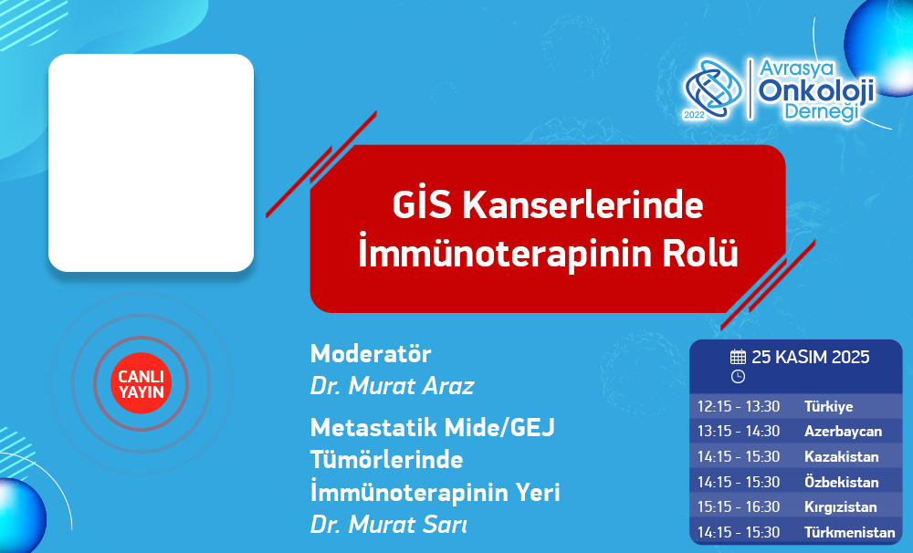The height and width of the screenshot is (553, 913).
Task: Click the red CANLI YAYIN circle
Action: pyautogui.click(x=141, y=383)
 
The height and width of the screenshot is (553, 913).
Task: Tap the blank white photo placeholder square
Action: pyautogui.click(x=151, y=163)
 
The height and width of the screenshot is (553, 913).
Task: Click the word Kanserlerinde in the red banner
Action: pyautogui.click(x=582, y=205)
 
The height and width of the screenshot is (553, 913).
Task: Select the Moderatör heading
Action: pyautogui.click(x=371, y=354)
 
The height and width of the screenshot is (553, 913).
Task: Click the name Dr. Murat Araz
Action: pyautogui.click(x=392, y=386)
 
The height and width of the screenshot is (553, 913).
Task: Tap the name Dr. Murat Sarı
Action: pyautogui.click(x=388, y=525)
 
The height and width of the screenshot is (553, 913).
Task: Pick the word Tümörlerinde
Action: pyautogui.click(x=386, y=460)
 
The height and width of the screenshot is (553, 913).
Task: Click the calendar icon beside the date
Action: pyautogui.click(x=738, y=357)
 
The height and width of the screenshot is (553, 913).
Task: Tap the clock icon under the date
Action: pyautogui.click(x=738, y=377)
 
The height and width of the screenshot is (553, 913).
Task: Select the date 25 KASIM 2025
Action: pyautogui.click(x=811, y=357)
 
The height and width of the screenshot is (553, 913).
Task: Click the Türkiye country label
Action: pyautogui.click(x=829, y=406)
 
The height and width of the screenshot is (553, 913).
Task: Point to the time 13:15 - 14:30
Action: pyautogui.click(x=739, y=432)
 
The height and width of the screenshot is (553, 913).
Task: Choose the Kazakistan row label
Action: pyautogui.click(x=842, y=456)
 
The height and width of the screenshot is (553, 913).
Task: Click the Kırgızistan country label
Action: pyautogui.click(x=840, y=507)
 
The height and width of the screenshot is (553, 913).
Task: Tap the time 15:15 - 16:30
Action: pyautogui.click(x=739, y=507)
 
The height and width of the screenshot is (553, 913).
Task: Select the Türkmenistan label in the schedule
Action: pyautogui.click(x=849, y=532)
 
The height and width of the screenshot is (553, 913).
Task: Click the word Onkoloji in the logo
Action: pyautogui.click(x=816, y=91)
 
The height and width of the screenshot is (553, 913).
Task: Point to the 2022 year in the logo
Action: pyautogui.click(x=694, y=115)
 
